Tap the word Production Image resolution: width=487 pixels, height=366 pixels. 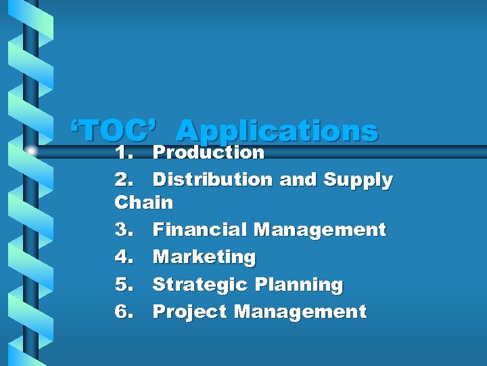(x=208, y=152)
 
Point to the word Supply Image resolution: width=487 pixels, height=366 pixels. (x=358, y=180)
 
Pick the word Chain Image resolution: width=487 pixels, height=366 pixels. (x=144, y=202)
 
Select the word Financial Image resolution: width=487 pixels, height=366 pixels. (x=200, y=230)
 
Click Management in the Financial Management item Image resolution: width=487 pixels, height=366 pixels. (x=319, y=230)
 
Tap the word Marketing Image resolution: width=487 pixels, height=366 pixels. (x=204, y=258)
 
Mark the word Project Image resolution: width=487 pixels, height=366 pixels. (x=190, y=312)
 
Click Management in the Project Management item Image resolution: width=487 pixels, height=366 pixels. (x=300, y=312)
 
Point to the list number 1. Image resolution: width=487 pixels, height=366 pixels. (x=123, y=152)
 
